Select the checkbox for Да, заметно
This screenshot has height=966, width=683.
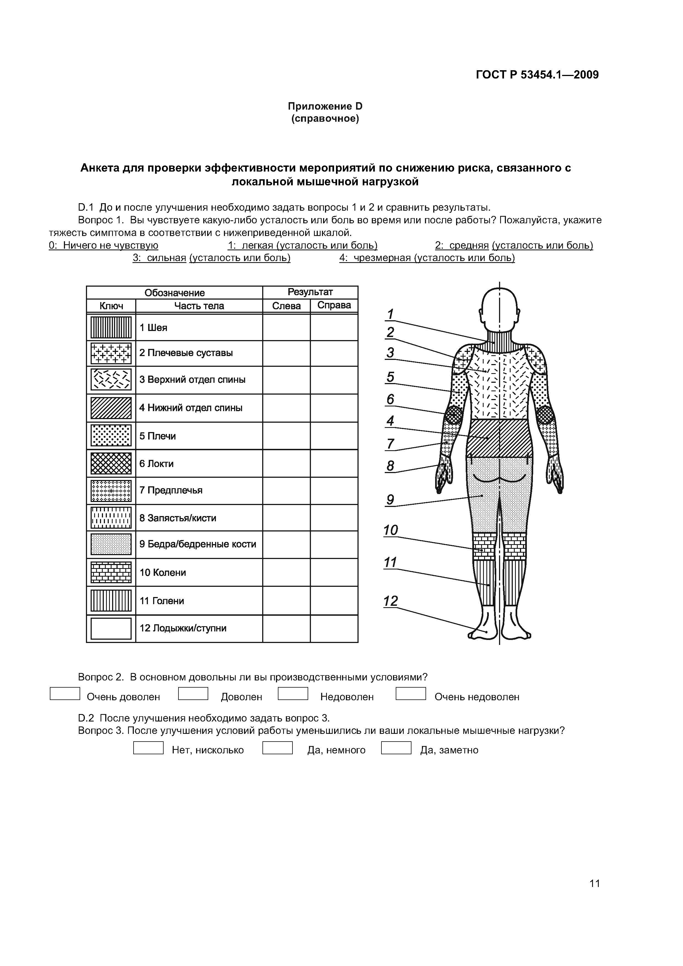click(x=396, y=748)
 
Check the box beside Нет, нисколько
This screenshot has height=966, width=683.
click(x=148, y=748)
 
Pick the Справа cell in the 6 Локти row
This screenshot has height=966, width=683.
click(x=334, y=463)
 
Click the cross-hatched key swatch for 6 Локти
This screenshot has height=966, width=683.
click(x=111, y=463)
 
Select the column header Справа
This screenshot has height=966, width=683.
click(x=334, y=305)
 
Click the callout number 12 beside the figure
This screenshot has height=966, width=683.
click(x=391, y=601)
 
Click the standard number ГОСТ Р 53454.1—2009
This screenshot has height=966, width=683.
click(x=537, y=75)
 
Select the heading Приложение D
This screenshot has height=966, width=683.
click(x=325, y=106)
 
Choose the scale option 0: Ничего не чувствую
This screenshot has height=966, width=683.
click(x=104, y=245)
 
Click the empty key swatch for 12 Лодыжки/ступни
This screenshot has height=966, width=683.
click(x=111, y=628)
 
